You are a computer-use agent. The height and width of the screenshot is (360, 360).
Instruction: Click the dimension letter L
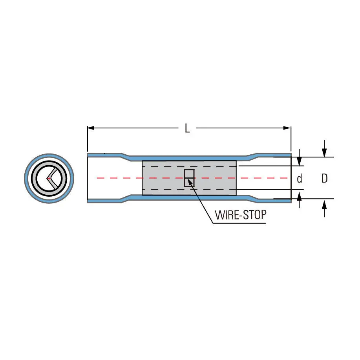pos(187,128)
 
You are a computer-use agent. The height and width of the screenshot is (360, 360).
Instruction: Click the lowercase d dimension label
pos(300,179)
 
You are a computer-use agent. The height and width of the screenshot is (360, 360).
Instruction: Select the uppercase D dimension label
pos(324,178)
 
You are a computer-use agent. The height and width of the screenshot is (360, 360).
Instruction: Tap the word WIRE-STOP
pos(241,215)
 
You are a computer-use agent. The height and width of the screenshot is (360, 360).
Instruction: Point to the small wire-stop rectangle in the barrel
pos(189,178)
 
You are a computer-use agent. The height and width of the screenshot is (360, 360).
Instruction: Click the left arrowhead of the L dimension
pos(91,128)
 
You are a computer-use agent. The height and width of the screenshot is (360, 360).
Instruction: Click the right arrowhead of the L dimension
pos(287,128)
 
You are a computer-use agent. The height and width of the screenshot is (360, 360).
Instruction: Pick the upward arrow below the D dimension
pos(324,208)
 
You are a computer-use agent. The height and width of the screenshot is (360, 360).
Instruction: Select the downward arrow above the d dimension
pos(299,157)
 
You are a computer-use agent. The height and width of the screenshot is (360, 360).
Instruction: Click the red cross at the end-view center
pos(49,178)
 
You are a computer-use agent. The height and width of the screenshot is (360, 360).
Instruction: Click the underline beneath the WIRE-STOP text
pos(239,223)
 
